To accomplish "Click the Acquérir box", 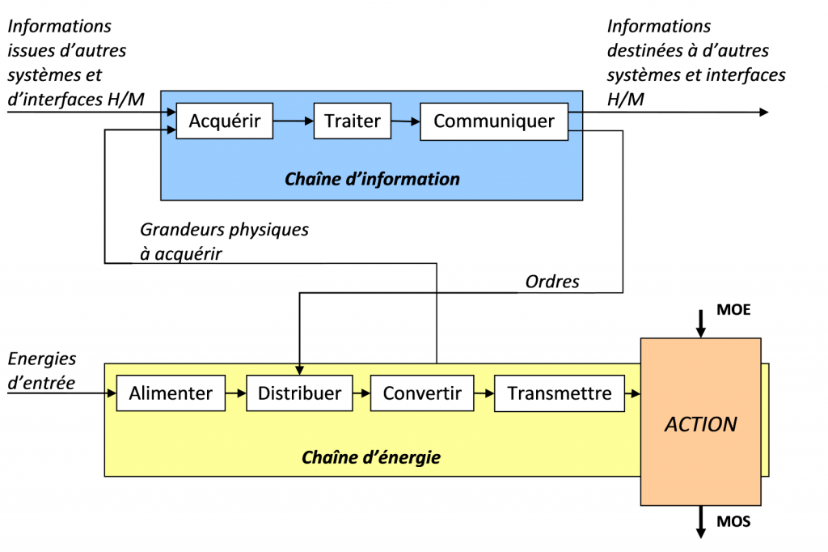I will coord(225,121).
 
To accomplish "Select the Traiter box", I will coord(352,121).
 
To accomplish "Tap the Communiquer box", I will coord(494,121).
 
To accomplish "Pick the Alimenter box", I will coord(171,394).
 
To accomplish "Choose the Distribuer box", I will coord(299,394).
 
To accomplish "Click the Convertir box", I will coord(422,394).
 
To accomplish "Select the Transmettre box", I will coord(560,394).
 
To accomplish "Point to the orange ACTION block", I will coord(700,423).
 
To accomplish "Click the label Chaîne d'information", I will coord(372,179).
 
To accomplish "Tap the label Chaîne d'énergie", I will coord(371,458).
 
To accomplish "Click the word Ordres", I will coord(552,282).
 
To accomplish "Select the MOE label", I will coord(733,310).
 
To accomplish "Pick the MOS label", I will coord(733,522).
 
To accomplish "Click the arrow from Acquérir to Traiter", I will coord(293,121).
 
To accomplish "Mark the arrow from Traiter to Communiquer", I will coord(406,121).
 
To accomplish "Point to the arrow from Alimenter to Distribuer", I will coord(235,394).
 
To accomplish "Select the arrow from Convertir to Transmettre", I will coord(484,394).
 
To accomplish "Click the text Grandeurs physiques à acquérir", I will coord(224,241).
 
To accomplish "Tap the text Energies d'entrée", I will coord(42,370).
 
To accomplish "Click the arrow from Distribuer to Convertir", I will coord(361,394).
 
